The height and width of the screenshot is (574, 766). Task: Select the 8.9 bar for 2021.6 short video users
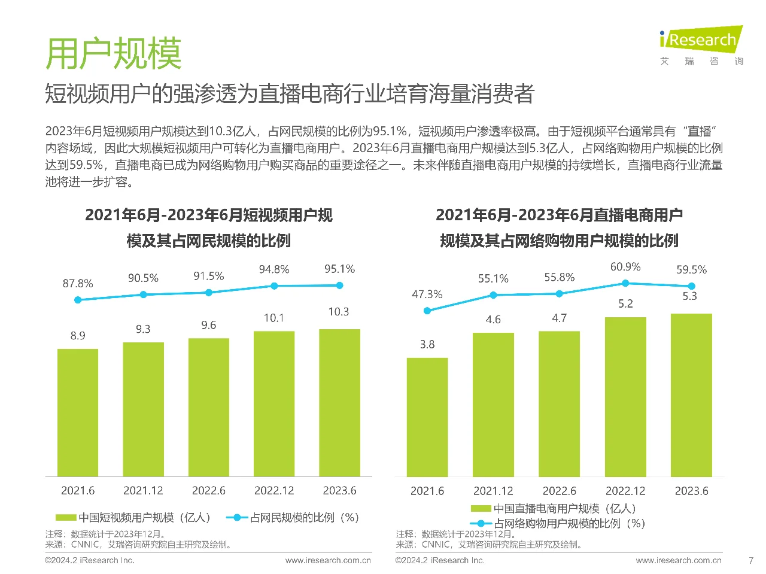coord(78,412)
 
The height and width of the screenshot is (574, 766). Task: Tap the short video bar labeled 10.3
coord(339,402)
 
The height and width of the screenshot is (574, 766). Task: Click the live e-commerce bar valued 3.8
coord(427,417)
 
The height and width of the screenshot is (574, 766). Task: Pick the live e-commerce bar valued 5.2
coord(625,396)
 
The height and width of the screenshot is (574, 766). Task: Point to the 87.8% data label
coord(78,283)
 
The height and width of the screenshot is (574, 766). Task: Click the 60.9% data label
coord(625,267)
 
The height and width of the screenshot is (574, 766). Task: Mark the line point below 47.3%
coord(427,311)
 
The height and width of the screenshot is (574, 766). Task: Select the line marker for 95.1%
coord(339,286)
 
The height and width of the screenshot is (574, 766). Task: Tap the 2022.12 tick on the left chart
coord(274,491)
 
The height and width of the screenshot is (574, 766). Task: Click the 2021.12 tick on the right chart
coord(493,491)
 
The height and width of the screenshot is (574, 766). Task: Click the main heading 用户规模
coord(113,54)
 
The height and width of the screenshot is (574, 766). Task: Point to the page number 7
coord(751,561)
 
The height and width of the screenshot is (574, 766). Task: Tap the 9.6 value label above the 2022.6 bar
coord(208,325)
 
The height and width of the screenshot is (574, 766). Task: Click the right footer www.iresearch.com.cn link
coord(679,561)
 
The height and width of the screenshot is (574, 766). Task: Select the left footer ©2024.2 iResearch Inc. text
coord(90,561)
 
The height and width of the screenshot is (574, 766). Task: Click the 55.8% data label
coord(559,277)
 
